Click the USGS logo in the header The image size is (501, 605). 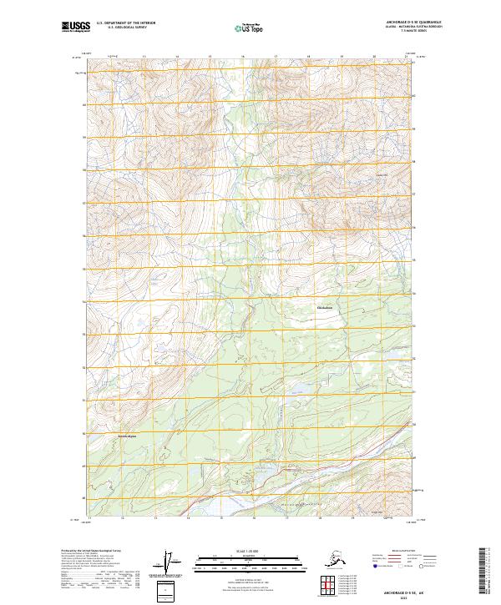pos(73,27)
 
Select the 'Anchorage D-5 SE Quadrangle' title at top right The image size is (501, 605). pos(388,23)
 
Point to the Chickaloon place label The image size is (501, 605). pos(325,308)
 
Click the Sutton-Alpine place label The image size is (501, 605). pos(125,436)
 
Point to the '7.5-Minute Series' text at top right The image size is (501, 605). pos(388,32)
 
